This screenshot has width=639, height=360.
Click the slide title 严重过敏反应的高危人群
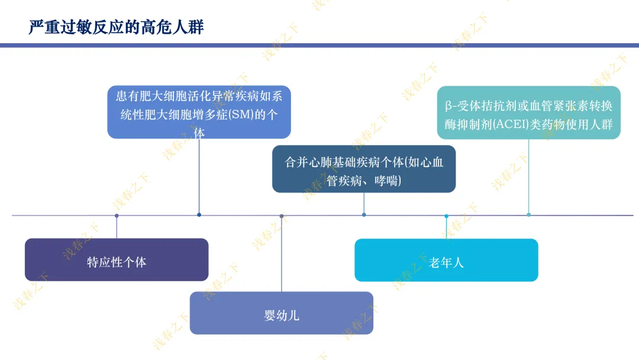coord(116,27)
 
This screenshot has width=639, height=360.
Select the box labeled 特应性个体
coord(117,259)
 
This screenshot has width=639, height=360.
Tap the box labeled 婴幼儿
coord(282,313)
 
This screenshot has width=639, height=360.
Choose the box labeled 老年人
coord(446,260)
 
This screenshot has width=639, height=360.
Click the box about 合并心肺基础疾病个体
coord(364,169)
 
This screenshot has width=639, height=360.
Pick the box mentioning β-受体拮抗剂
coord(528,112)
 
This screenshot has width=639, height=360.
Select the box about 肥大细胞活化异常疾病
coord(199,112)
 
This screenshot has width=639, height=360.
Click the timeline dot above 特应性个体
coord(117,216)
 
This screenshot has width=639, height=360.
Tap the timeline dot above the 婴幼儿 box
coord(282,216)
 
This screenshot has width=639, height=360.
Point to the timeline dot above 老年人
coord(446,216)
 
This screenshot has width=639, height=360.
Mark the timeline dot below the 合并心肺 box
coord(364,215)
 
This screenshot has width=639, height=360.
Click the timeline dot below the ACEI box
coord(528,215)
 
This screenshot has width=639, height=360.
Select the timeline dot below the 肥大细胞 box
coord(199,215)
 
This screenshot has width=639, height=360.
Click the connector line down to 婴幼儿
coord(282,255)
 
